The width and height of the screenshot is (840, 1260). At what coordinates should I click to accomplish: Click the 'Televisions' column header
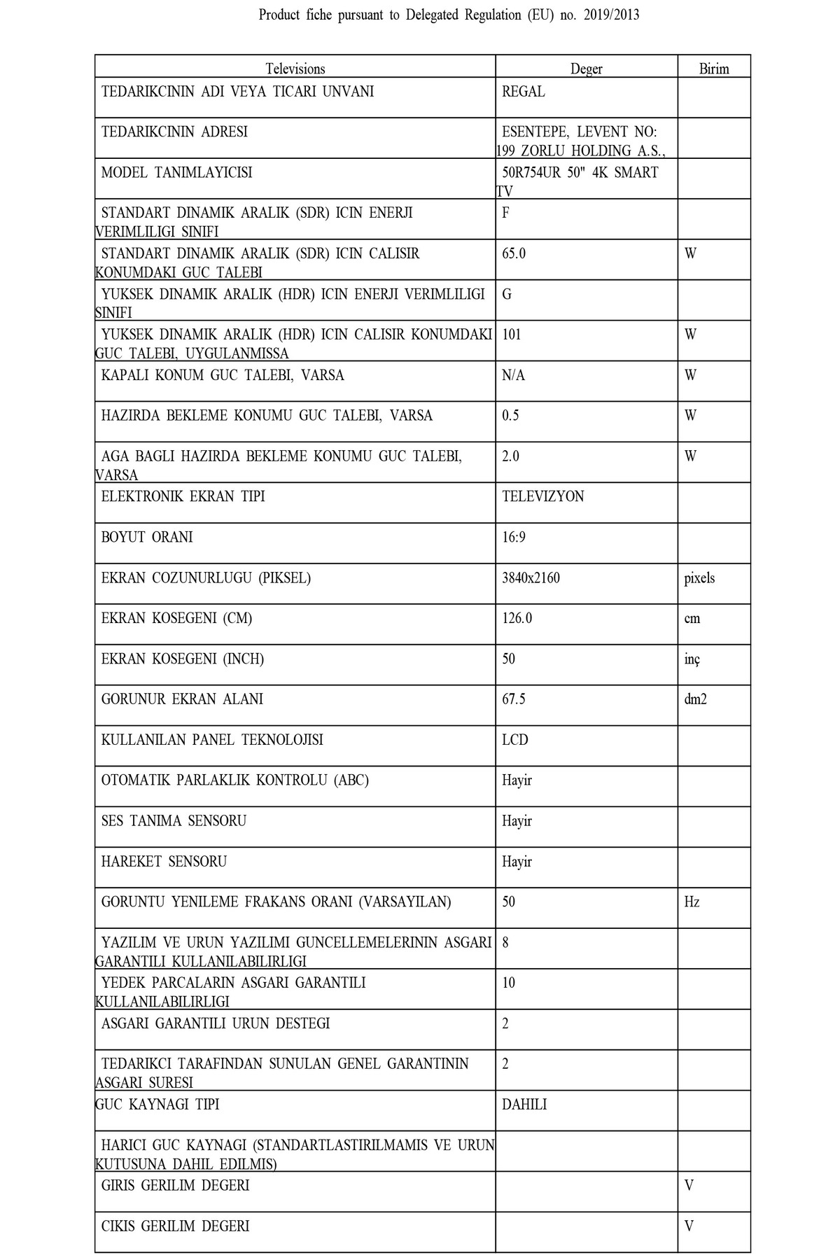pyautogui.click(x=295, y=69)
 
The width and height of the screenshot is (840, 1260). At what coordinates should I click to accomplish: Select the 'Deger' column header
pyautogui.click(x=586, y=69)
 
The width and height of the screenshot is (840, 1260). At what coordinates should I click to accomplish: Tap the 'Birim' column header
pyautogui.click(x=713, y=69)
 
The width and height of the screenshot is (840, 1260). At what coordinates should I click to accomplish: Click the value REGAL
pyautogui.click(x=523, y=92)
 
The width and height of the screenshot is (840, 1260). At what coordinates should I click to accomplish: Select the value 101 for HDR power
pyautogui.click(x=511, y=335)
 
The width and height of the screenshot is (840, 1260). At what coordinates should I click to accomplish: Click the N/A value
pyautogui.click(x=513, y=375)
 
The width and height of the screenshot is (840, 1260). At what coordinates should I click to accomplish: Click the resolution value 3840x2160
pyautogui.click(x=531, y=578)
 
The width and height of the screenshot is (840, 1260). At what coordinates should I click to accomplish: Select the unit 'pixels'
pyautogui.click(x=699, y=578)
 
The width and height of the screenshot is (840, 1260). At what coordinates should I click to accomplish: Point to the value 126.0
pyautogui.click(x=517, y=618)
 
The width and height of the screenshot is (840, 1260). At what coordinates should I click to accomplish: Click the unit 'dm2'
pyautogui.click(x=695, y=699)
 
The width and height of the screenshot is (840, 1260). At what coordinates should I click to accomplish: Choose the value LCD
pyautogui.click(x=514, y=740)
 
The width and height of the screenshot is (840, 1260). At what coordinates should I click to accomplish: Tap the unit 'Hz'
pyautogui.click(x=692, y=902)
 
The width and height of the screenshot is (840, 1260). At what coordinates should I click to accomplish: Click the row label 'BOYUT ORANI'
pyautogui.click(x=147, y=537)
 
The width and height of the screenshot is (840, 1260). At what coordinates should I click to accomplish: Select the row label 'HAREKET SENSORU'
pyautogui.click(x=164, y=861)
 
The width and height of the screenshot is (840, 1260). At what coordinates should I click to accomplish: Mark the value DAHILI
pyautogui.click(x=524, y=1105)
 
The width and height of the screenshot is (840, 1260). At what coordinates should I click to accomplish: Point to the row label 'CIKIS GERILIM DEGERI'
pyautogui.click(x=175, y=1226)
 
